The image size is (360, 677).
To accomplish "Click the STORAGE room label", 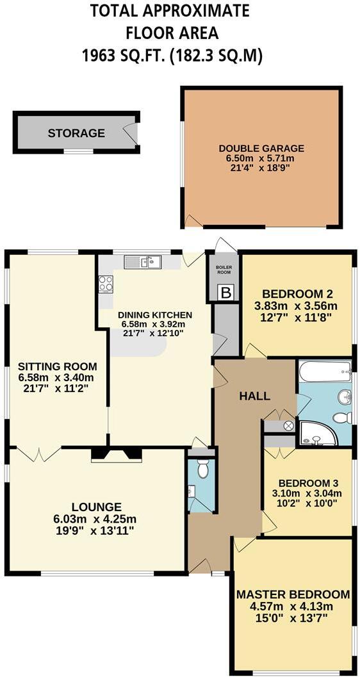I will click(x=76, y=133).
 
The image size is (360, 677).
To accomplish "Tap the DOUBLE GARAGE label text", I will click(x=261, y=148).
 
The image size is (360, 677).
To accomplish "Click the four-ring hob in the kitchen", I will click(x=106, y=284).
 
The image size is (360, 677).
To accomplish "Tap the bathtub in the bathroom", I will click(x=325, y=370).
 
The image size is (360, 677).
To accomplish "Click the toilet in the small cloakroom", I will click(x=203, y=469).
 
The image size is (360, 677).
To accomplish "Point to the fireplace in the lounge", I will click(x=116, y=454).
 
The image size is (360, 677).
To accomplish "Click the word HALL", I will click(x=255, y=396).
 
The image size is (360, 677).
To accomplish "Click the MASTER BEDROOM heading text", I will click(x=293, y=594).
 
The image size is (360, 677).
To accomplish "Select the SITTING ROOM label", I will click(x=57, y=366).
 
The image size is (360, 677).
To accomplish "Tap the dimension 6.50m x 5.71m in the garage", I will click(x=261, y=158).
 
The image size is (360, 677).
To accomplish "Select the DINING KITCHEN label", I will click(x=155, y=314).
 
